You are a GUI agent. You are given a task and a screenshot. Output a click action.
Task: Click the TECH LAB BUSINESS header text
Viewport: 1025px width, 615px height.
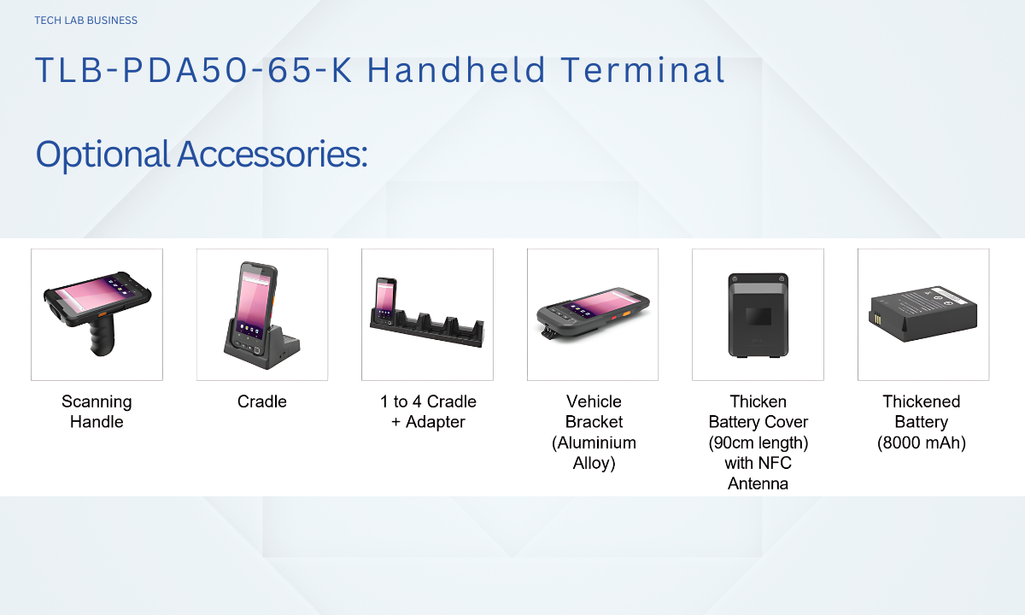86,20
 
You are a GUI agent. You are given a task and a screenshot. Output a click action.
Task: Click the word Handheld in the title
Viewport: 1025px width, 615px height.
457,70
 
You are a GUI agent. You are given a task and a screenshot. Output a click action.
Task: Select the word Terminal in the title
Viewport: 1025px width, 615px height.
643,70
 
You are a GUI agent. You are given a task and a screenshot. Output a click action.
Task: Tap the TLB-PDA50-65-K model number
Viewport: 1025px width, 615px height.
194,70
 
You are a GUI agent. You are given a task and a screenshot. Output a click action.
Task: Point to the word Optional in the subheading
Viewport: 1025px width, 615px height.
103,155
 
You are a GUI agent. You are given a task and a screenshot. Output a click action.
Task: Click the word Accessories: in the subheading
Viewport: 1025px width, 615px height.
272,154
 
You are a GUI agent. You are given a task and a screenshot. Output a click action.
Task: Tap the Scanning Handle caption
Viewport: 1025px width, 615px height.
97,412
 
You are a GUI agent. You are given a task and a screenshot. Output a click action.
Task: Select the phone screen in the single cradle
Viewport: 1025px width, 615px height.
252,303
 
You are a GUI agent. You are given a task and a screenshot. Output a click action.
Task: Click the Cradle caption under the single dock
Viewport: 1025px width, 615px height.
261,401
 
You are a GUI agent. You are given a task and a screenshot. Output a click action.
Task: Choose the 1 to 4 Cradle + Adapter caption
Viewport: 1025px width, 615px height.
428,412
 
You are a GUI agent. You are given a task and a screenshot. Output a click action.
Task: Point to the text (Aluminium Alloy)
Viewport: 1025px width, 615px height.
594,453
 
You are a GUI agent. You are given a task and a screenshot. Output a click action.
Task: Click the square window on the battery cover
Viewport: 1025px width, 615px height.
758,316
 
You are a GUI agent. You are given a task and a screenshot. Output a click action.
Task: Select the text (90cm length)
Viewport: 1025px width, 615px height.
758,442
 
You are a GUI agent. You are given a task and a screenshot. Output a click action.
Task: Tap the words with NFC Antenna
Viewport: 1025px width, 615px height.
758,473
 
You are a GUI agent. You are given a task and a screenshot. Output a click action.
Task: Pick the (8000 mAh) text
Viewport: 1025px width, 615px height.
921,442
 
